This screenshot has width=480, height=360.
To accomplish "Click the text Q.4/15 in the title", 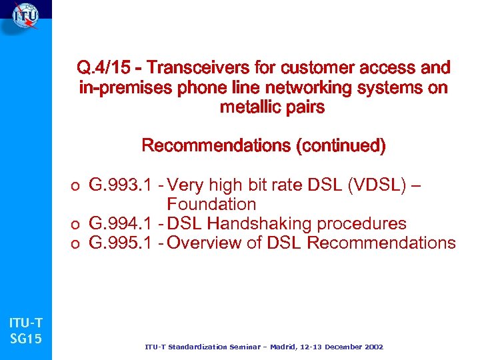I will [x=103, y=68].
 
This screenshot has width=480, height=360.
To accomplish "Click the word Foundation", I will [x=211, y=204].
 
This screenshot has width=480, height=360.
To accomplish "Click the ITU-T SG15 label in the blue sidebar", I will [x=26, y=331].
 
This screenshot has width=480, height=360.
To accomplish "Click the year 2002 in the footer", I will [x=371, y=347].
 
